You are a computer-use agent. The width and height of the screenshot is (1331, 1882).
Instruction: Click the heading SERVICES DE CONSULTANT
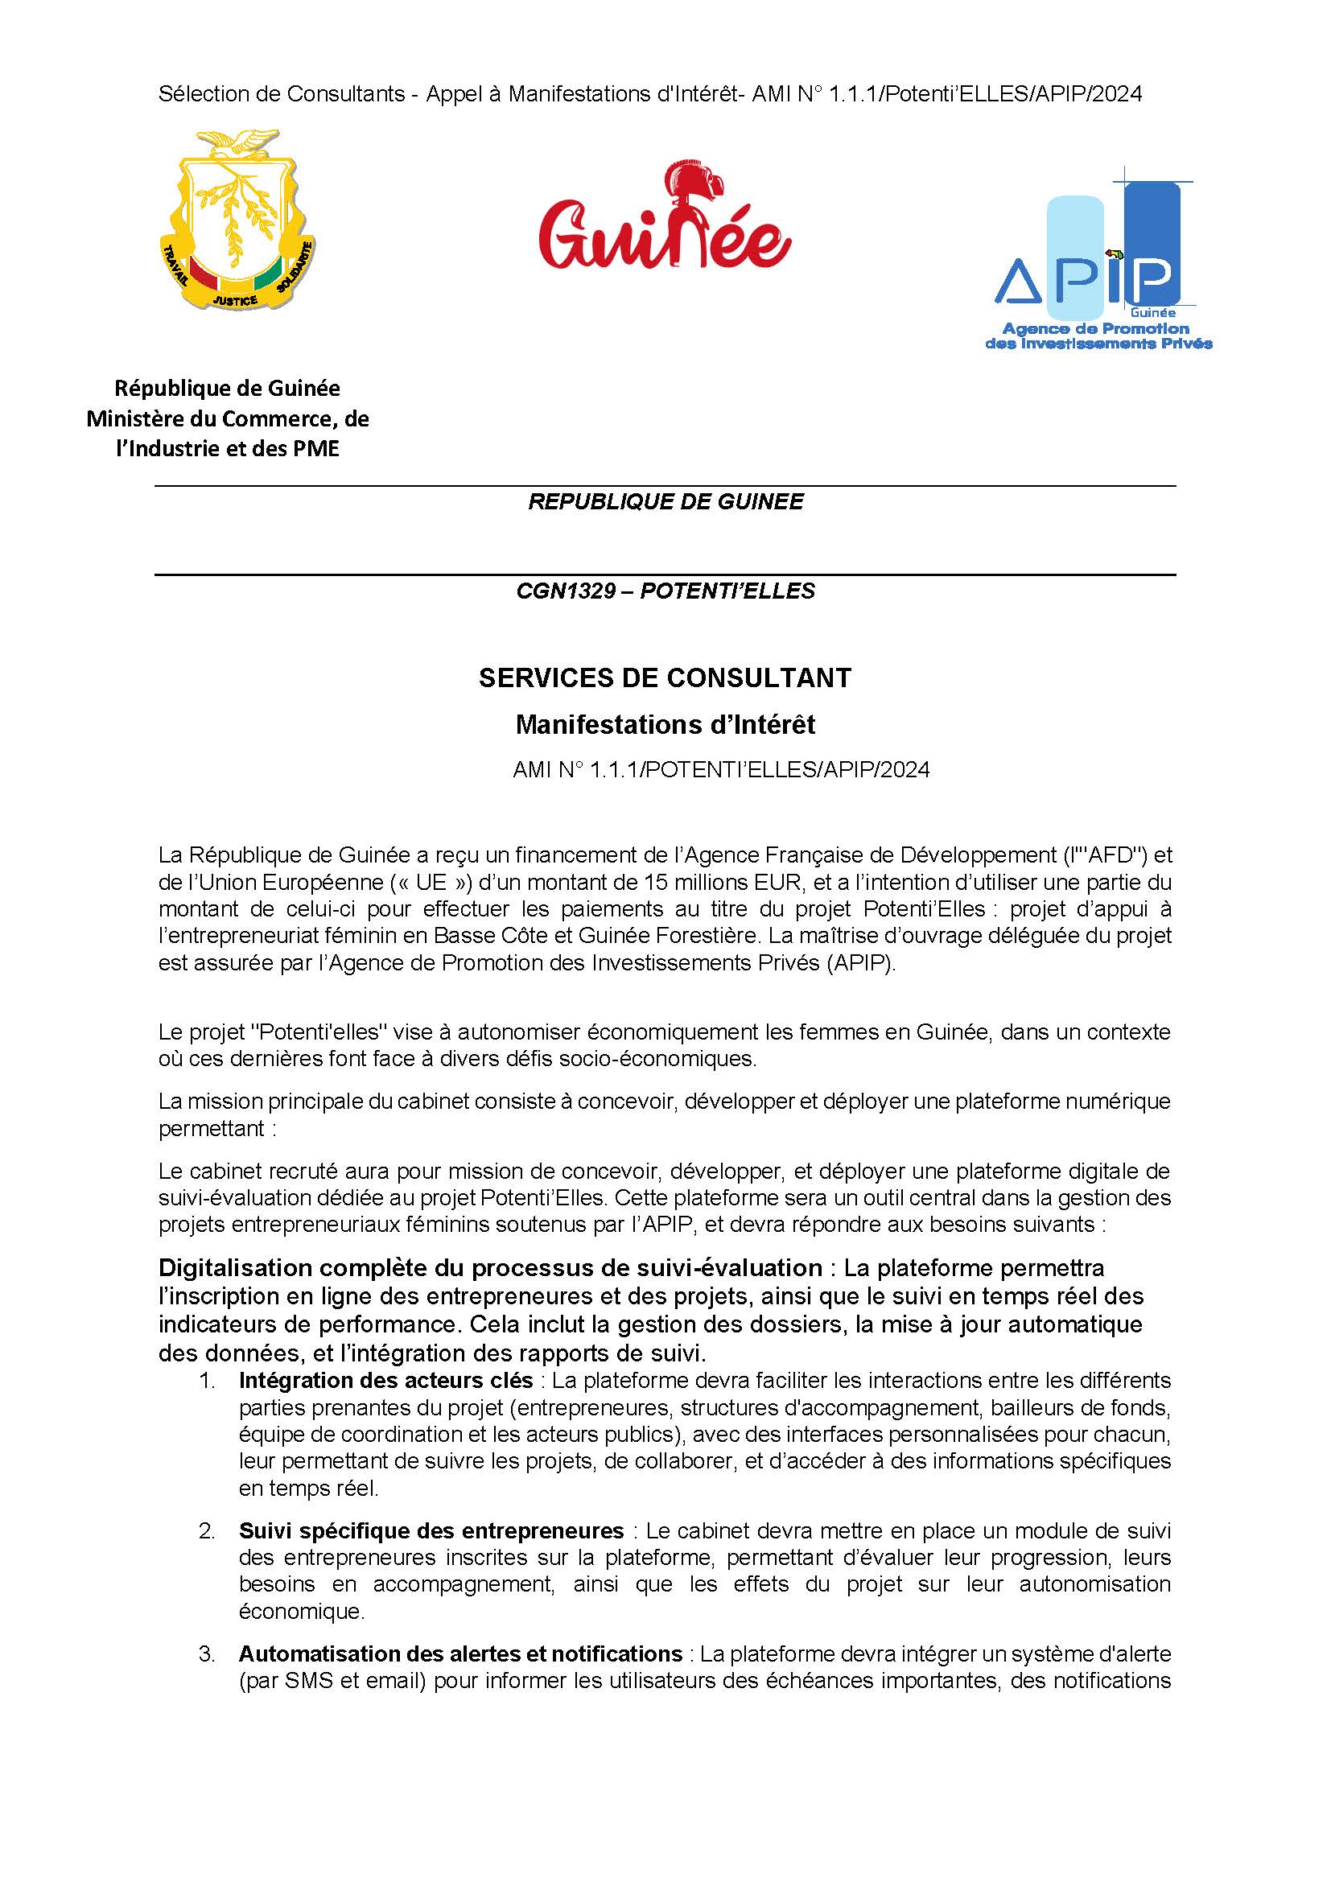tap(665, 677)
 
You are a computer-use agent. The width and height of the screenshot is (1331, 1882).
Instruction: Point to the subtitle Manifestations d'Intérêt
tap(665, 725)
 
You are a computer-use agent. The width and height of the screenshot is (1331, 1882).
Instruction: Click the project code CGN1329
tap(566, 591)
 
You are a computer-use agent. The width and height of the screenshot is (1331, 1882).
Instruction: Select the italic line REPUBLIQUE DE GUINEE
tap(665, 501)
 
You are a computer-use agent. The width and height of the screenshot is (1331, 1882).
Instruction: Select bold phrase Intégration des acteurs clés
tap(386, 1381)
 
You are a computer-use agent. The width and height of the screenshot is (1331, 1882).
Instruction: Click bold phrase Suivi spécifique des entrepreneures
tap(431, 1530)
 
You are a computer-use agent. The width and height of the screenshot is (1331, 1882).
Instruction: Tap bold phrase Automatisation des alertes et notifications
tap(460, 1653)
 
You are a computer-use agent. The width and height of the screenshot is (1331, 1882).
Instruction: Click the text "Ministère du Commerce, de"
tap(228, 419)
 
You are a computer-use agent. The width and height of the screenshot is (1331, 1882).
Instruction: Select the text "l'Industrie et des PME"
tap(228, 448)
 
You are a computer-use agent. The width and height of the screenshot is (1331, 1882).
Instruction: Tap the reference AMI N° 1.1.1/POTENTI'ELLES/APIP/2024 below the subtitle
tap(721, 770)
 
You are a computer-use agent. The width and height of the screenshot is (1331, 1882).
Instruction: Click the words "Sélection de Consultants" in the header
tap(281, 94)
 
